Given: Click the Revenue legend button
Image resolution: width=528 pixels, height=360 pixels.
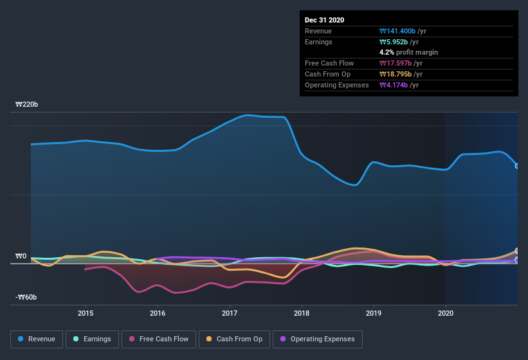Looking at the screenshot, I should [37, 339].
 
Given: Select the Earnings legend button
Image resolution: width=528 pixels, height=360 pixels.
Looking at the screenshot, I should [92, 339].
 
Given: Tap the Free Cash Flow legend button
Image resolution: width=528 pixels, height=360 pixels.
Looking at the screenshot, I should [159, 339].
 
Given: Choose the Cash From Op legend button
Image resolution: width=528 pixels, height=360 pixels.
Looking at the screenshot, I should [235, 339].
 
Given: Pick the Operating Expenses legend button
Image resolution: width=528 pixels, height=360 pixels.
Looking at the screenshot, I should [317, 339].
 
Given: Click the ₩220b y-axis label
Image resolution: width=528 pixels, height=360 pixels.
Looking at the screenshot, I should [26, 104].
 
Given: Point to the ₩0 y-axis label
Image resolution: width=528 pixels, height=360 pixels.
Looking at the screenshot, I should [21, 256].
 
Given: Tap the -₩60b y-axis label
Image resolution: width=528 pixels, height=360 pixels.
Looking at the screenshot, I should [26, 297].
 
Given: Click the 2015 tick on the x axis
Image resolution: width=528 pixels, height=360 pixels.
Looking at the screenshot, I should [86, 313].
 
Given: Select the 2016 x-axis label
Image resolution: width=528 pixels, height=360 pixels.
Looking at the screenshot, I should [158, 313].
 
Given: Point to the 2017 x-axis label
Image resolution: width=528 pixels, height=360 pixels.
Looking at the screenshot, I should [230, 313].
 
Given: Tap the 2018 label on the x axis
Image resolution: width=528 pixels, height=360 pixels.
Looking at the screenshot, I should [302, 313].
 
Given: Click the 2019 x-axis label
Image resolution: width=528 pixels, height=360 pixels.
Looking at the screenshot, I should [374, 313].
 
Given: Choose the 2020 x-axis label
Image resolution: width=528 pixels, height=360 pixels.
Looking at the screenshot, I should [445, 313].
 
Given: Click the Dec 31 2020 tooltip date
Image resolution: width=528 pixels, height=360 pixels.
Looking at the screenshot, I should [325, 20].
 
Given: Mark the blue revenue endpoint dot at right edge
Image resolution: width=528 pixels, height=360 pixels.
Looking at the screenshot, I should [517, 166].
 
